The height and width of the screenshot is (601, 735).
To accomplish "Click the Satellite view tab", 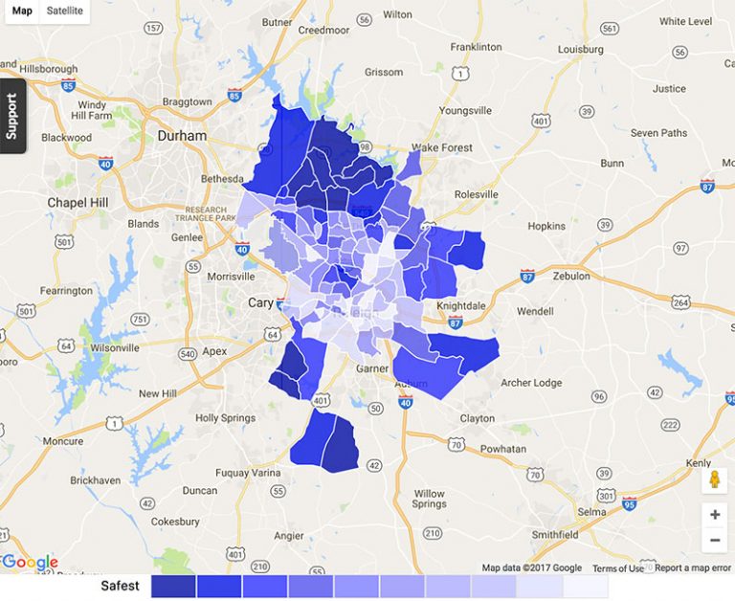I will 65,11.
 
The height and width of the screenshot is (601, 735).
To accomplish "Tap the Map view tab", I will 21,11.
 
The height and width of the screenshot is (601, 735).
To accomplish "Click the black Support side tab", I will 11,116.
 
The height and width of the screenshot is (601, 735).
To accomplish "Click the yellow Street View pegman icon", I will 714,479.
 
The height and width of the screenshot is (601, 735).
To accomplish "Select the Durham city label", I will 181,136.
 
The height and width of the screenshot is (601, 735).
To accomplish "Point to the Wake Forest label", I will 441,148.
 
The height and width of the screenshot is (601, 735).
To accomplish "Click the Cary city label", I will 260,302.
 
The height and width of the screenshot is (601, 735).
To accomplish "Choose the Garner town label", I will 372,368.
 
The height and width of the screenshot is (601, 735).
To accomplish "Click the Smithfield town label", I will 555,534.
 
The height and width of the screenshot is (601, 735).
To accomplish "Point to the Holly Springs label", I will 225,418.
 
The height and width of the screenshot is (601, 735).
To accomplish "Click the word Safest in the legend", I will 121,586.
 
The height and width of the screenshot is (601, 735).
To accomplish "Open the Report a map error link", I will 693,568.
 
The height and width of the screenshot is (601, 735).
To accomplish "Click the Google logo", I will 31,563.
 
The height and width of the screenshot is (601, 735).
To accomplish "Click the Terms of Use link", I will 617,568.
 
